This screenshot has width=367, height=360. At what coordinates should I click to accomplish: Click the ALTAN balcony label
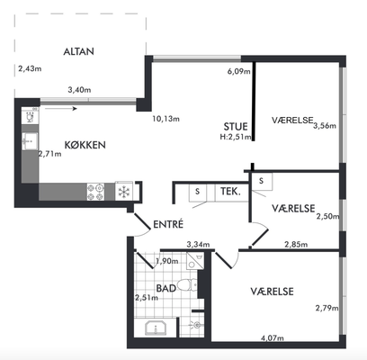tap(78, 51)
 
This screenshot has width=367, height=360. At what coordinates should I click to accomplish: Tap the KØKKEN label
tap(85, 145)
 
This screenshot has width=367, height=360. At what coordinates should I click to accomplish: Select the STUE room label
tap(236, 127)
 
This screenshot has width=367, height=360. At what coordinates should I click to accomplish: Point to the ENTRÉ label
tap(168, 224)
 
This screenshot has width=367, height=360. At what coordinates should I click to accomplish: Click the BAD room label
tap(166, 288)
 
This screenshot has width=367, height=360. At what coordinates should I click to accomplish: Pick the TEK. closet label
tap(230, 192)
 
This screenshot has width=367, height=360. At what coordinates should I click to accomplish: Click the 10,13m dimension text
tap(166, 119)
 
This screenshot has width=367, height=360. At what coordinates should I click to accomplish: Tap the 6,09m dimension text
tap(239, 71)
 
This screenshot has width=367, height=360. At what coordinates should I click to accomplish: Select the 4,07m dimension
tap(273, 338)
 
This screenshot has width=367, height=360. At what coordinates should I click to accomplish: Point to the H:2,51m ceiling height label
tap(236, 137)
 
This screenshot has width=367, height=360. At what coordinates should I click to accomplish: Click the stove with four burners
tap(95, 192)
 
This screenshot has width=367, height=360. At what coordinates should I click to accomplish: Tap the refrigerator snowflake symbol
tap(123, 191)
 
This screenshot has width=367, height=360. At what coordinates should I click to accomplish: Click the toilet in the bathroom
tap(187, 284)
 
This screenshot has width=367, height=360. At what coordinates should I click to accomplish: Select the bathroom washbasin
tap(156, 328)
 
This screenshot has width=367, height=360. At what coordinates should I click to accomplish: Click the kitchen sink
tap(30, 141)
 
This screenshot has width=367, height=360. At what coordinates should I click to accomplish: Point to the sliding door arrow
tap(61, 109)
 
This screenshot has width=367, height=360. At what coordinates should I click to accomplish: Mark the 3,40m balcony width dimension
tap(79, 90)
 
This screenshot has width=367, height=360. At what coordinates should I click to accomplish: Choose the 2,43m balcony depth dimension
tap(30, 68)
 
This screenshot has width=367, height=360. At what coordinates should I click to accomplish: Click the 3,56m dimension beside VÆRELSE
tap(325, 126)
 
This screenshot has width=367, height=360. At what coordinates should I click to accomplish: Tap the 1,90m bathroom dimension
tap(167, 261)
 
